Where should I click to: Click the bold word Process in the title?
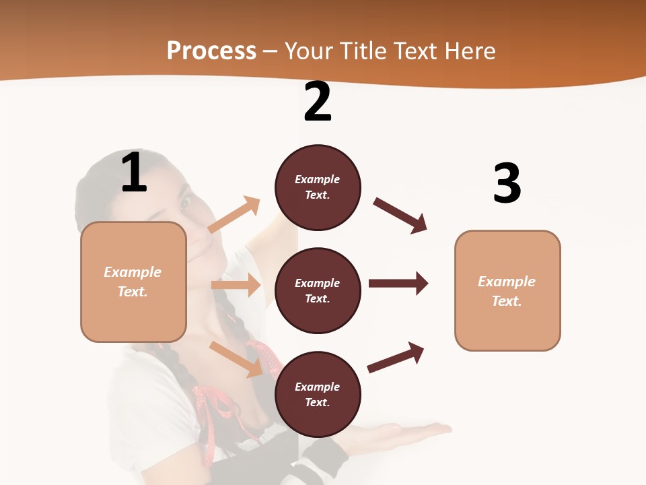(211, 51)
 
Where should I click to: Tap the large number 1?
(134, 172)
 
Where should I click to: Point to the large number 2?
(318, 102)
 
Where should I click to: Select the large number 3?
(507, 184)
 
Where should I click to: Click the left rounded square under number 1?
(133, 282)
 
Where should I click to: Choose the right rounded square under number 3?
(507, 290)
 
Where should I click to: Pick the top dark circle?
(318, 187)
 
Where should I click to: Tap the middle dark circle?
(318, 290)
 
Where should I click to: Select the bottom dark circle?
(318, 394)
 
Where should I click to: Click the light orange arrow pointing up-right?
(235, 214)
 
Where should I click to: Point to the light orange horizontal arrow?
(236, 285)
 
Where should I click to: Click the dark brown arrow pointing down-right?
(400, 215)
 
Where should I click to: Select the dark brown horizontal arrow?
(398, 283)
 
